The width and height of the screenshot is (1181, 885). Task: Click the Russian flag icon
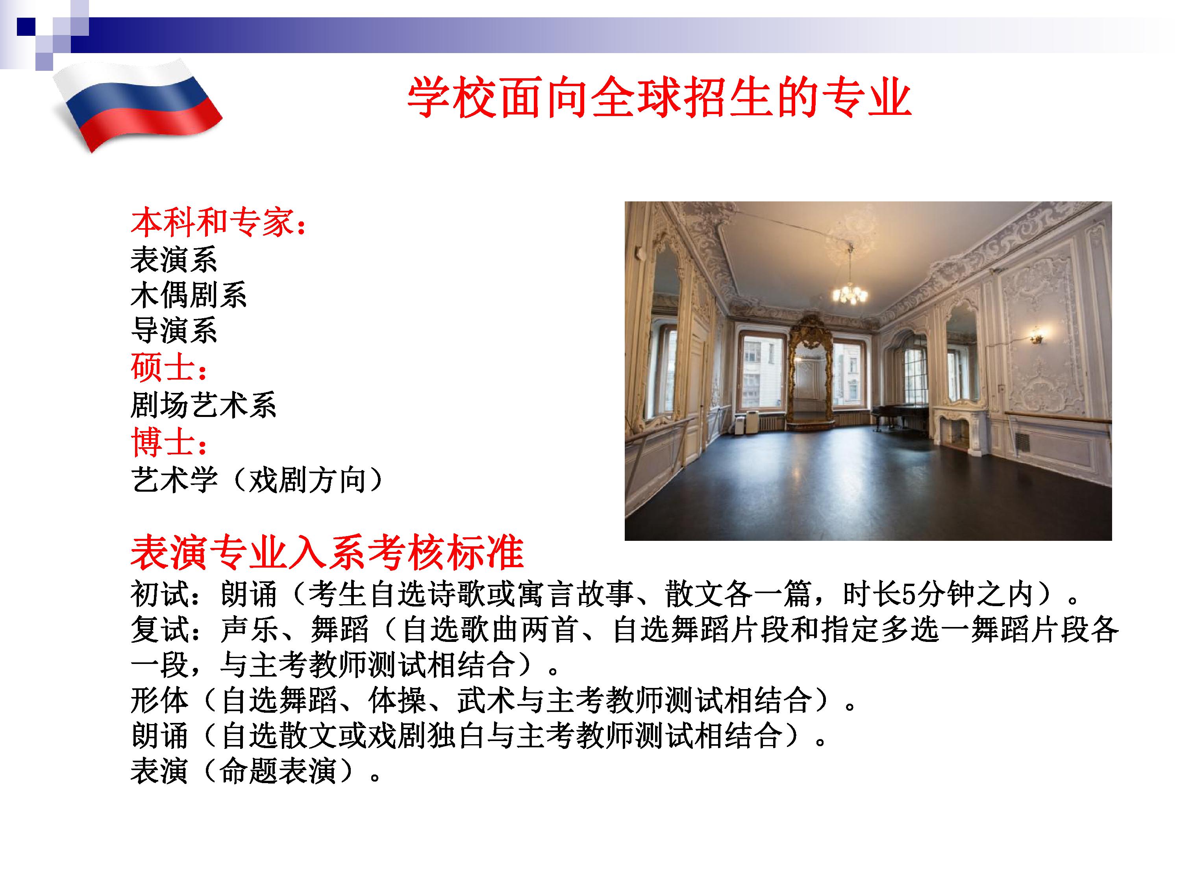point(138,107)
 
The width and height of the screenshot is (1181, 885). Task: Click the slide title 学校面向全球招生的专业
point(659,98)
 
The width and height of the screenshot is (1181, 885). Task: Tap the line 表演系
point(174,260)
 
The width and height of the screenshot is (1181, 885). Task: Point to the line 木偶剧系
point(189,295)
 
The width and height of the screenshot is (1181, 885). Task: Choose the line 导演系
point(174,331)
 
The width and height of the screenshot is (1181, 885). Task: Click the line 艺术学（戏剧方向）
point(257,479)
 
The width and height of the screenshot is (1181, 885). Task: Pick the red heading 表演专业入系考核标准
point(327,553)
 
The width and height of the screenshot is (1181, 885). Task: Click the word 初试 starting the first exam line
point(160,594)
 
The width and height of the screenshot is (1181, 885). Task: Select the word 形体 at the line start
point(160,701)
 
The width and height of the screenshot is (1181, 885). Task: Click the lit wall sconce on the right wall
point(1036,336)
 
